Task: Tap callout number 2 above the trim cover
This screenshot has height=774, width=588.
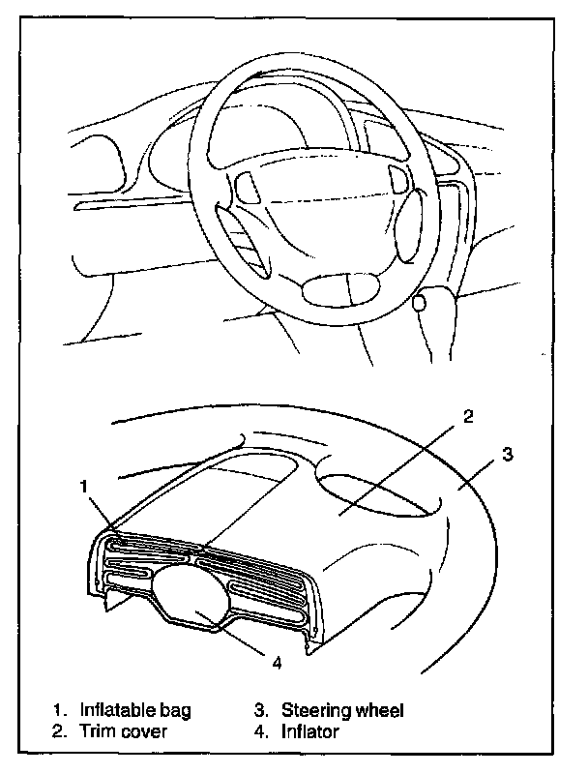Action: coord(467,417)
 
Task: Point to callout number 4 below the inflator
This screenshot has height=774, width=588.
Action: coord(279,663)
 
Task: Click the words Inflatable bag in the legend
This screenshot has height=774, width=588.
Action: coord(135,710)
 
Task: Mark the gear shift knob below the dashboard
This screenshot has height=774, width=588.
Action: coord(419,303)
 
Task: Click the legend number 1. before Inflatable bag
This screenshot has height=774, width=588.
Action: coord(61,710)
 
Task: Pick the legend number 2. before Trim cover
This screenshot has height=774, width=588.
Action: coord(61,731)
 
